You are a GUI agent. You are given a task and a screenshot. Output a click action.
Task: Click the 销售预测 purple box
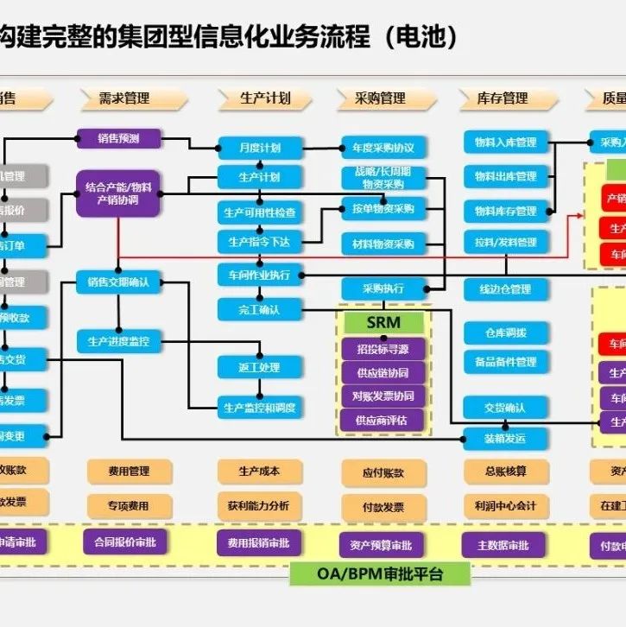pyautogui.click(x=120, y=137)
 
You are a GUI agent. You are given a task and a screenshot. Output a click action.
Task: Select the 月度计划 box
pyautogui.click(x=260, y=148)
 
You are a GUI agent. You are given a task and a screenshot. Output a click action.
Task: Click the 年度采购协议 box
pyautogui.click(x=383, y=148)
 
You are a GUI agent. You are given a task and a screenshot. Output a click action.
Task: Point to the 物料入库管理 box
pyautogui.click(x=505, y=142)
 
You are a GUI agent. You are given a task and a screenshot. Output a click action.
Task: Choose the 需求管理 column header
pyautogui.click(x=125, y=98)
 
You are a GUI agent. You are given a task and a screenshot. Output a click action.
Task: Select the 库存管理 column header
pyautogui.click(x=503, y=98)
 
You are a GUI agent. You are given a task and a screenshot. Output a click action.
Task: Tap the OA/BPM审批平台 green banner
pyautogui.click(x=380, y=573)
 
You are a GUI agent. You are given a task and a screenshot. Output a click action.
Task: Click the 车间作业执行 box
pyautogui.click(x=260, y=275)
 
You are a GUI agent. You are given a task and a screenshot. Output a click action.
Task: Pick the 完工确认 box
pyautogui.click(x=260, y=308)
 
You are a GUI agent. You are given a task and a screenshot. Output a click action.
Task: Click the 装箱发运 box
pyautogui.click(x=505, y=438)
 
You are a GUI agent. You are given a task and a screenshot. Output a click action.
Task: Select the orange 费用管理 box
pyautogui.click(x=128, y=472)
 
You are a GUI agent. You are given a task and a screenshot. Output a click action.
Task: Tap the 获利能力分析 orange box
pyautogui.click(x=259, y=505)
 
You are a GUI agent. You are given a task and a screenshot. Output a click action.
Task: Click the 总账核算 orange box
pyautogui.click(x=506, y=472)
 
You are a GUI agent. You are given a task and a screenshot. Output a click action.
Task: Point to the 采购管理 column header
pyautogui.click(x=381, y=98)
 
